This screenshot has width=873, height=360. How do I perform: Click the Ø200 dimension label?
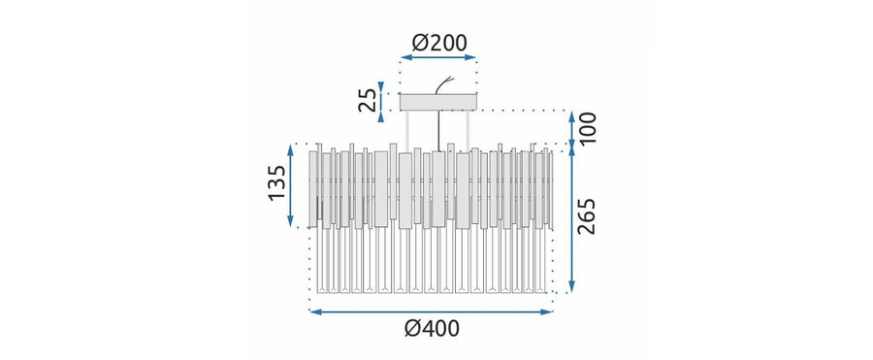tap(439, 43)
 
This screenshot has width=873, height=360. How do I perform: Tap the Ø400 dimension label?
tap(432, 329)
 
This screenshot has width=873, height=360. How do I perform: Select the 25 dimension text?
tap(368, 100)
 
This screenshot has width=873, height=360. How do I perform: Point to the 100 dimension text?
tap(587, 128)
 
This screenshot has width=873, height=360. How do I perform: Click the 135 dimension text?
tap(276, 183)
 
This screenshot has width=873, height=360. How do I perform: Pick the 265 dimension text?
tap(586, 216)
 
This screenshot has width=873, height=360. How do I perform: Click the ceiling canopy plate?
tap(438, 102)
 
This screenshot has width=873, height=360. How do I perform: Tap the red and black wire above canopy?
tap(445, 85)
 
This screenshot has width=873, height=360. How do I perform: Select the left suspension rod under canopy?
tap(407, 131)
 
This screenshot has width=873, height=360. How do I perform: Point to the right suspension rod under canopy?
tap(469, 130)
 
